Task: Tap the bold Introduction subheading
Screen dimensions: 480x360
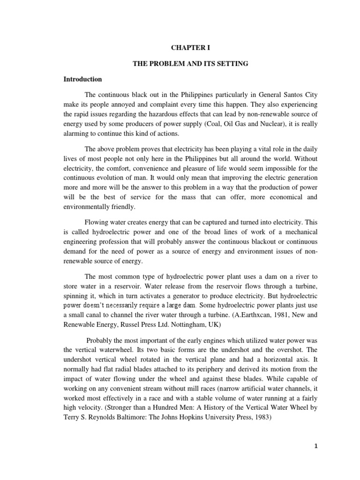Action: tap(82, 79)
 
